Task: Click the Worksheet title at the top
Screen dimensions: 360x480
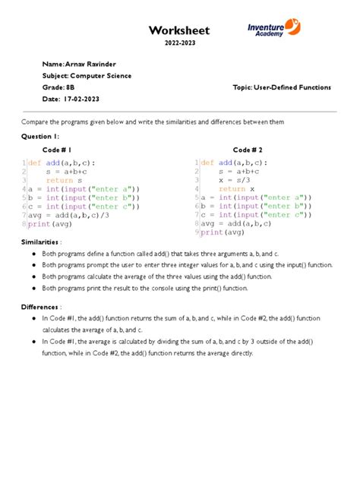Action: [178, 30]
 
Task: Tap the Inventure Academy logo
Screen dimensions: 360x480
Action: [278, 30]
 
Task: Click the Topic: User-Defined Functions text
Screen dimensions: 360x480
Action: [283, 88]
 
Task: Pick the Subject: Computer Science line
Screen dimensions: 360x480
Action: [87, 76]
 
